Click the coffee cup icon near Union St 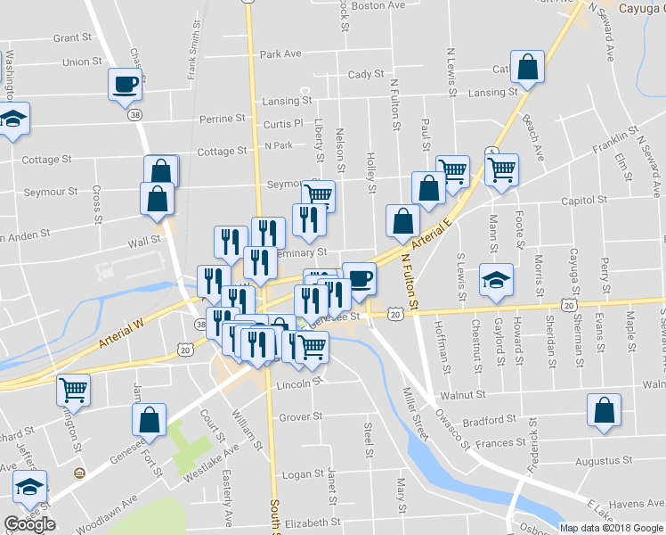pos(125,85)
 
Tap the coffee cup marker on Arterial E pos(359,278)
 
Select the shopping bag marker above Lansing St pos(528,68)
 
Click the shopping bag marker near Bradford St pos(604,411)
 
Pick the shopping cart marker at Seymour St pos(318,193)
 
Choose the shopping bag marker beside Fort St pos(149,420)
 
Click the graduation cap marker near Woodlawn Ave pos(29,487)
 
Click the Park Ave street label pos(280,54)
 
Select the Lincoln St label pos(297,384)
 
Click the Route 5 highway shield pos(491,152)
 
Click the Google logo pos(29,524)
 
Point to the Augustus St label pos(603,461)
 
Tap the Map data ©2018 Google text pos(612,528)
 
